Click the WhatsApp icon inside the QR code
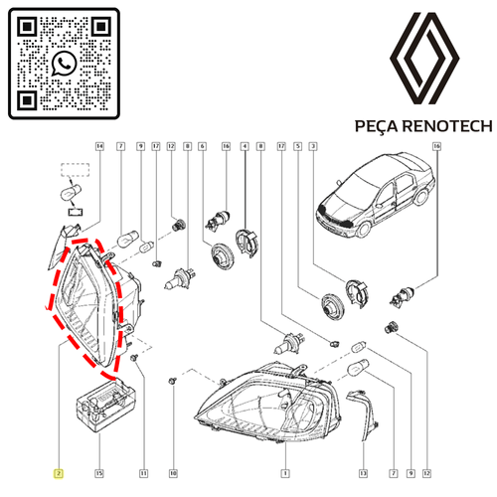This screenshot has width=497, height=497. [x=64, y=64]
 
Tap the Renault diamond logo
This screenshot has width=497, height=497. [x=424, y=59]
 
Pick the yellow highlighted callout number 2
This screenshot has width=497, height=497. [x=59, y=473]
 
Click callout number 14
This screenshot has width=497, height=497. [x=99, y=146]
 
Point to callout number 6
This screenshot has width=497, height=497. [x=202, y=146]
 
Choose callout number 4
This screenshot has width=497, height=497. [x=245, y=146]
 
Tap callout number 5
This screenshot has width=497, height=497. [x=298, y=146]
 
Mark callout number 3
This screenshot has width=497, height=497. [x=313, y=146]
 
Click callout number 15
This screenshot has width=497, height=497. [x=99, y=473]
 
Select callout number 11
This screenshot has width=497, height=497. [x=143, y=473]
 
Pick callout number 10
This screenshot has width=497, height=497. [x=173, y=473]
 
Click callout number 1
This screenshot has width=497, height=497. [x=285, y=473]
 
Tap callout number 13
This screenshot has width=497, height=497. [x=363, y=473]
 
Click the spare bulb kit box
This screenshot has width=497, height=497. [x=105, y=406]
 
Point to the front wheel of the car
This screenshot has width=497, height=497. [x=363, y=230]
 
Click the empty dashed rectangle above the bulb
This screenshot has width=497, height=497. [x=76, y=170]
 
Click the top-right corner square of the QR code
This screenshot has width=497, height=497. [x=101, y=26]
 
